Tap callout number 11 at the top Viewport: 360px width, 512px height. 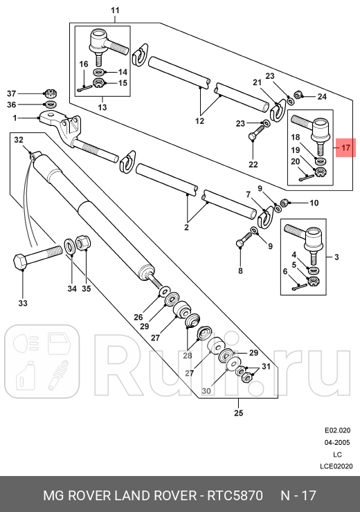[x=115, y=10]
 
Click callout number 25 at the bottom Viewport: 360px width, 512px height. [x=238, y=414]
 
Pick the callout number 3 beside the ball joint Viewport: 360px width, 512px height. [x=336, y=257]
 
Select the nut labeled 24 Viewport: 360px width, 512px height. [x=298, y=95]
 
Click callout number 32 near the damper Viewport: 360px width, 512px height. [x=19, y=140]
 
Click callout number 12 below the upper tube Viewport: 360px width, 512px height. [x=199, y=121]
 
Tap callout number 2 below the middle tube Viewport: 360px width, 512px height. [x=187, y=226]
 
